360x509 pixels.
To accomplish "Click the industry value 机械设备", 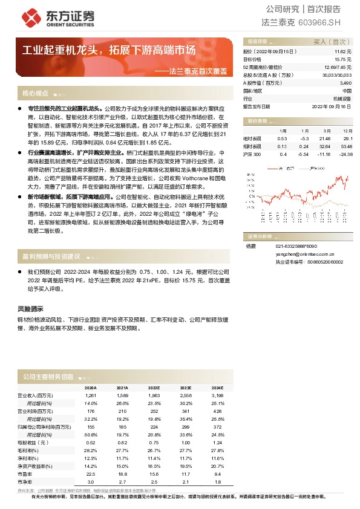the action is [x=342, y=97].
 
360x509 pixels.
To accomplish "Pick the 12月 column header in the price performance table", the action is [x=347, y=131].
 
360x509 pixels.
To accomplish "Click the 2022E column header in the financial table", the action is [x=154, y=387].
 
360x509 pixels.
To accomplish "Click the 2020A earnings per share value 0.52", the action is [x=91, y=443].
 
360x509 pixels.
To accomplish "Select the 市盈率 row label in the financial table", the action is [x=25, y=474].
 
